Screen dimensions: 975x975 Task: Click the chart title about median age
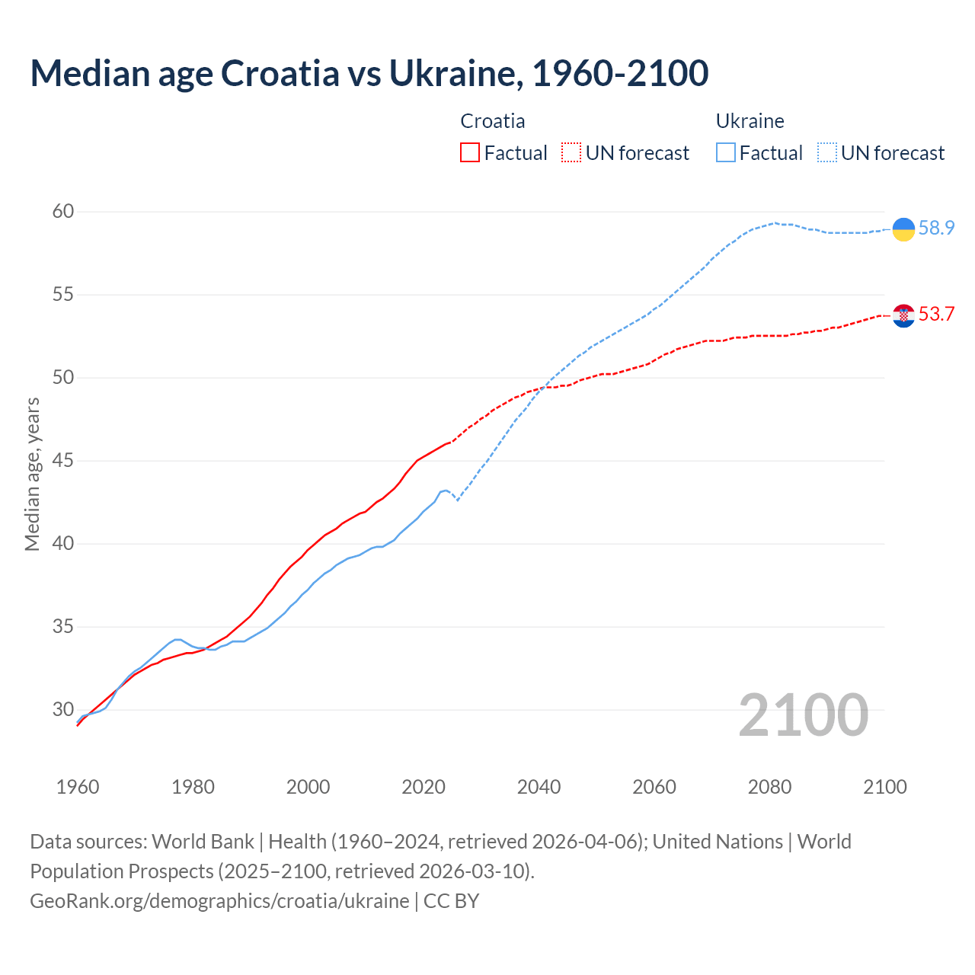click(369, 73)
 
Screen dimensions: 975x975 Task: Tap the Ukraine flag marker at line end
click(903, 229)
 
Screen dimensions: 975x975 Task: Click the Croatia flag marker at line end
click(903, 315)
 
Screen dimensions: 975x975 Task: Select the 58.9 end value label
click(936, 229)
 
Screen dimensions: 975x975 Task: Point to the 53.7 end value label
click(936, 315)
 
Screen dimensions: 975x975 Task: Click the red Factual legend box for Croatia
click(470, 153)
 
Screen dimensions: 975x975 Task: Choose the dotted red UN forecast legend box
click(571, 153)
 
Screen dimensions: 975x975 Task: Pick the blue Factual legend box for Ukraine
click(726, 153)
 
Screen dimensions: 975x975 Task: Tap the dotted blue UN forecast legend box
click(827, 153)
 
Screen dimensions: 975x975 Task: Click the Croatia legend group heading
click(493, 121)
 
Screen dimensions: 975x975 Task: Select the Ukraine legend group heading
click(750, 121)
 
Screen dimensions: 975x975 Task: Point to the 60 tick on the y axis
click(63, 212)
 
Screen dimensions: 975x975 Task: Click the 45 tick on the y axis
click(63, 461)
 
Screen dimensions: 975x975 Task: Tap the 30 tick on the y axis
click(63, 710)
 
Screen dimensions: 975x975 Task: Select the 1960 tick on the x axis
click(78, 787)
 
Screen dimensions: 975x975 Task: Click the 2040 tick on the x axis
click(539, 787)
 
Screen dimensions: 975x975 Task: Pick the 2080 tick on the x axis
click(769, 787)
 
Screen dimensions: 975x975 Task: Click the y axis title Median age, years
click(32, 474)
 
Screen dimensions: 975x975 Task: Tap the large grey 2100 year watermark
click(803, 715)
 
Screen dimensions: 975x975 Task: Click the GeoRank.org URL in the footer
click(219, 901)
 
